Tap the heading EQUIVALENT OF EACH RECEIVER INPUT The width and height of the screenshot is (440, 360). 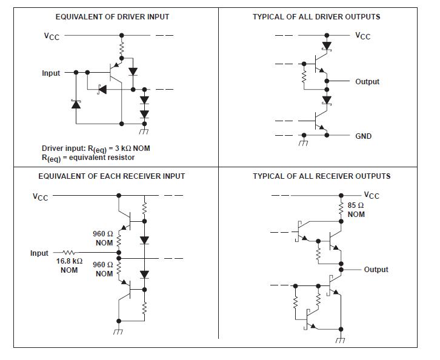pyautogui.click(x=112, y=176)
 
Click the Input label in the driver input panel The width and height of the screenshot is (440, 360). pyautogui.click(x=51, y=73)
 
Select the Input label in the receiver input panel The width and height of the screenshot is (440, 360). pyautogui.click(x=39, y=253)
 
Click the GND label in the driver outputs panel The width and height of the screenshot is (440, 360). pyautogui.click(x=364, y=136)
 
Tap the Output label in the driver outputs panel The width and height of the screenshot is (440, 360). pyautogui.click(x=367, y=82)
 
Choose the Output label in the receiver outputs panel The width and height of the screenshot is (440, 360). pyautogui.click(x=376, y=270)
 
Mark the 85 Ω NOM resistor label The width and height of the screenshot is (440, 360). pyautogui.click(x=356, y=210)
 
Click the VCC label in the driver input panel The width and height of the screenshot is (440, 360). pyautogui.click(x=52, y=36)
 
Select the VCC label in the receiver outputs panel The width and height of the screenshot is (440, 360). pyautogui.click(x=371, y=195)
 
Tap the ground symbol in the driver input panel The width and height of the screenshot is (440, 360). pyautogui.click(x=144, y=132)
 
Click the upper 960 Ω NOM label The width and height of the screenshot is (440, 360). pyautogui.click(x=104, y=238)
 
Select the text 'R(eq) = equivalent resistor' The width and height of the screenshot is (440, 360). pyautogui.click(x=88, y=158)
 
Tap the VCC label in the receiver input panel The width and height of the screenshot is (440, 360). pyautogui.click(x=41, y=196)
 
